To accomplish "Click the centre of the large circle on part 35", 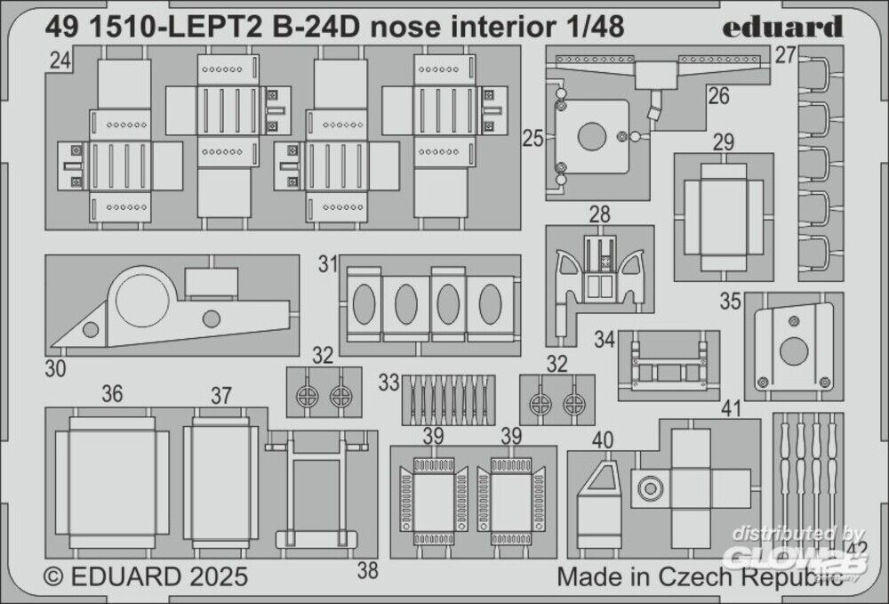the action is [794, 351].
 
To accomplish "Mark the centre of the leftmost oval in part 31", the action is [364, 304].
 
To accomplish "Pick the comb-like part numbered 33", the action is [448, 399].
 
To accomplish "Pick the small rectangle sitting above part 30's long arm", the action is [211, 282].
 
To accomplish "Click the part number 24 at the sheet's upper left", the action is [60, 60].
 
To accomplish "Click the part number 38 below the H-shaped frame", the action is [367, 570].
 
